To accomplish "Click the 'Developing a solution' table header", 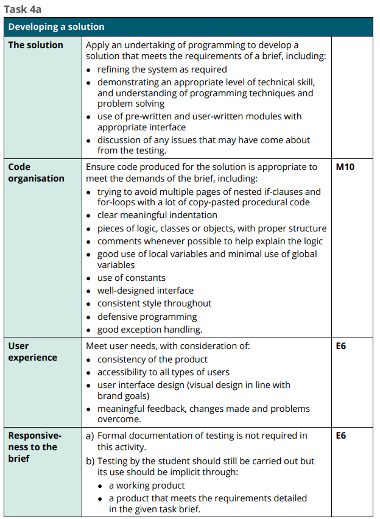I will pyautogui.click(x=56, y=27).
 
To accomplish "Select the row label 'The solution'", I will pyautogui.click(x=35, y=45).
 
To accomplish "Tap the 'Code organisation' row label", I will pyautogui.click(x=36, y=172).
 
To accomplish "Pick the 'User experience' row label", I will pyautogui.click(x=32, y=351).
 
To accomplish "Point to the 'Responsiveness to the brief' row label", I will pyautogui.click(x=35, y=447).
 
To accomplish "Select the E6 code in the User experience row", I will pyautogui.click(x=341, y=346).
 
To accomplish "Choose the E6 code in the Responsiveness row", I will pyautogui.click(x=341, y=436).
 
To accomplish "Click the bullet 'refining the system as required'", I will pyautogui.click(x=162, y=69).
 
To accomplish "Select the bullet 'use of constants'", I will pyautogui.click(x=131, y=278).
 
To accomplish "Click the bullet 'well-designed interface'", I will pyautogui.click(x=145, y=291).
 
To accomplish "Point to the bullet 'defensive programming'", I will pyautogui.click(x=147, y=317).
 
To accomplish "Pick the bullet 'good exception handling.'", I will pyautogui.click(x=150, y=330).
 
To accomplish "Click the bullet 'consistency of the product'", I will pyautogui.click(x=152, y=359).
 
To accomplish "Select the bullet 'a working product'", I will pyautogui.click(x=147, y=485).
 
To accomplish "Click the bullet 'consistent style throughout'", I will pyautogui.click(x=154, y=303).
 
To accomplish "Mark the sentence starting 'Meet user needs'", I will pyautogui.click(x=167, y=346).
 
